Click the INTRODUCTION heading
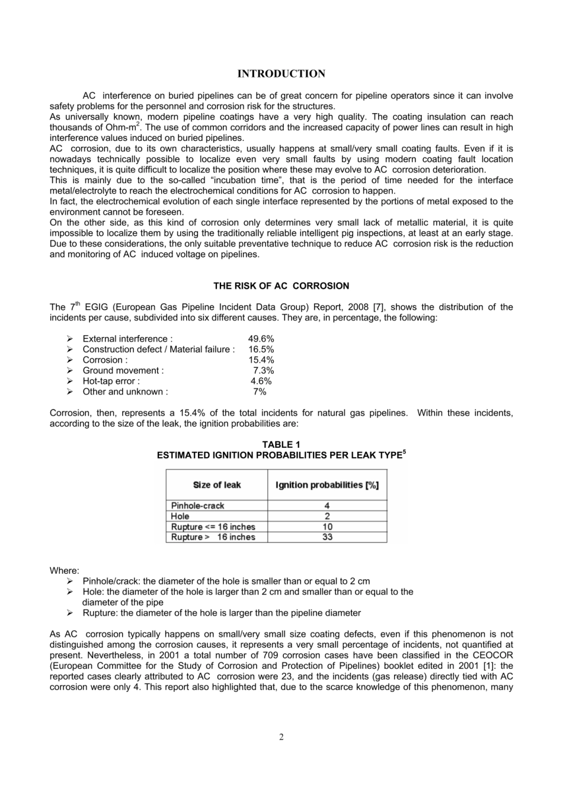click(281, 74)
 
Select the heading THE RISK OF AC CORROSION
click(281, 286)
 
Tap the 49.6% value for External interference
click(261, 339)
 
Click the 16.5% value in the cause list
click(261, 349)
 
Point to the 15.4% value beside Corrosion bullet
click(261, 360)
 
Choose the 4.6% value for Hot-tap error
click(261, 381)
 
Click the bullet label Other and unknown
click(124, 392)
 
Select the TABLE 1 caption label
click(281, 445)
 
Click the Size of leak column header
click(217, 485)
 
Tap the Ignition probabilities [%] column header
click(327, 485)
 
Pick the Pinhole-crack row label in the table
click(197, 506)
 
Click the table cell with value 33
click(327, 537)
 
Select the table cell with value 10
click(327, 527)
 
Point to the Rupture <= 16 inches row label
click(213, 527)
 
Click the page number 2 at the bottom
click(281, 737)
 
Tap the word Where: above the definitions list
click(64, 571)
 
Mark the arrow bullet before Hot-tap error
click(69, 381)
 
